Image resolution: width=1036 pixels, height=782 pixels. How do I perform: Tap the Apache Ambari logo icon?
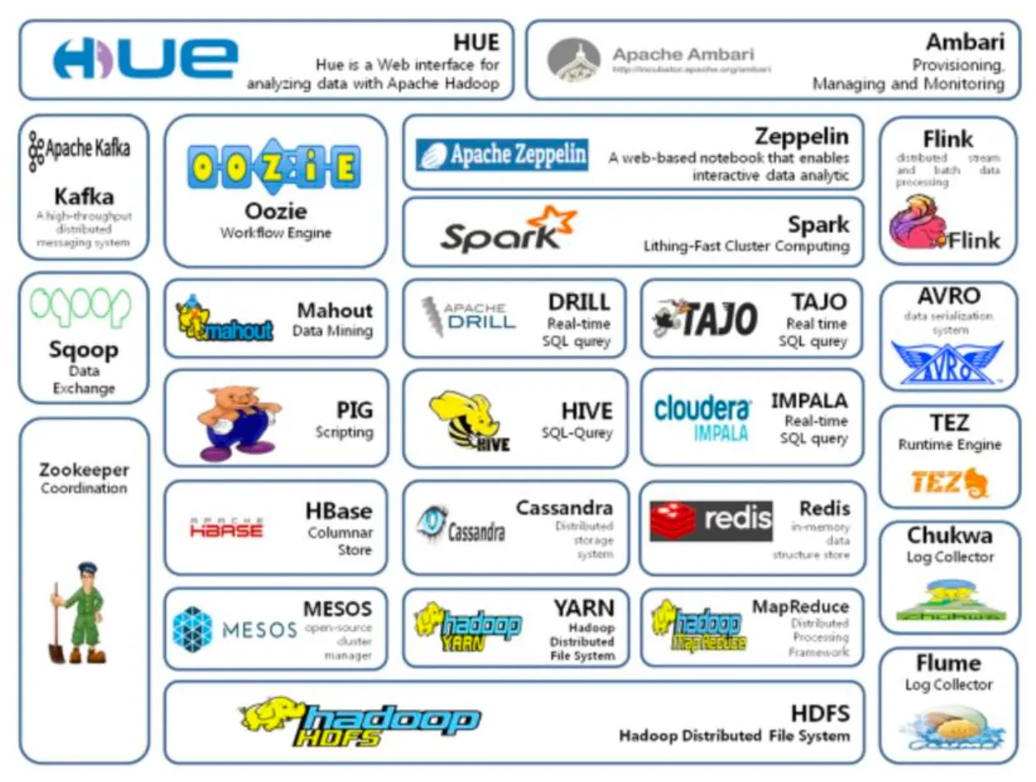574,60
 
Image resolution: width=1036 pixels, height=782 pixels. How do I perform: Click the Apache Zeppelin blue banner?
502,154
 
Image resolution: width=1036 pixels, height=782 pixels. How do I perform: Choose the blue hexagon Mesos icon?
193,628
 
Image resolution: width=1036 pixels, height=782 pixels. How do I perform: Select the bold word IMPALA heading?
809,400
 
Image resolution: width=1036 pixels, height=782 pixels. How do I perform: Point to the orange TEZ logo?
947,482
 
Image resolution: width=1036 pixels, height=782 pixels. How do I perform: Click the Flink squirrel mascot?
917,224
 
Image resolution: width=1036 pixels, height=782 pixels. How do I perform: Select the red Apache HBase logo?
226,527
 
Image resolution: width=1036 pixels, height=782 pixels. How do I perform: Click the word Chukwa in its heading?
949,536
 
